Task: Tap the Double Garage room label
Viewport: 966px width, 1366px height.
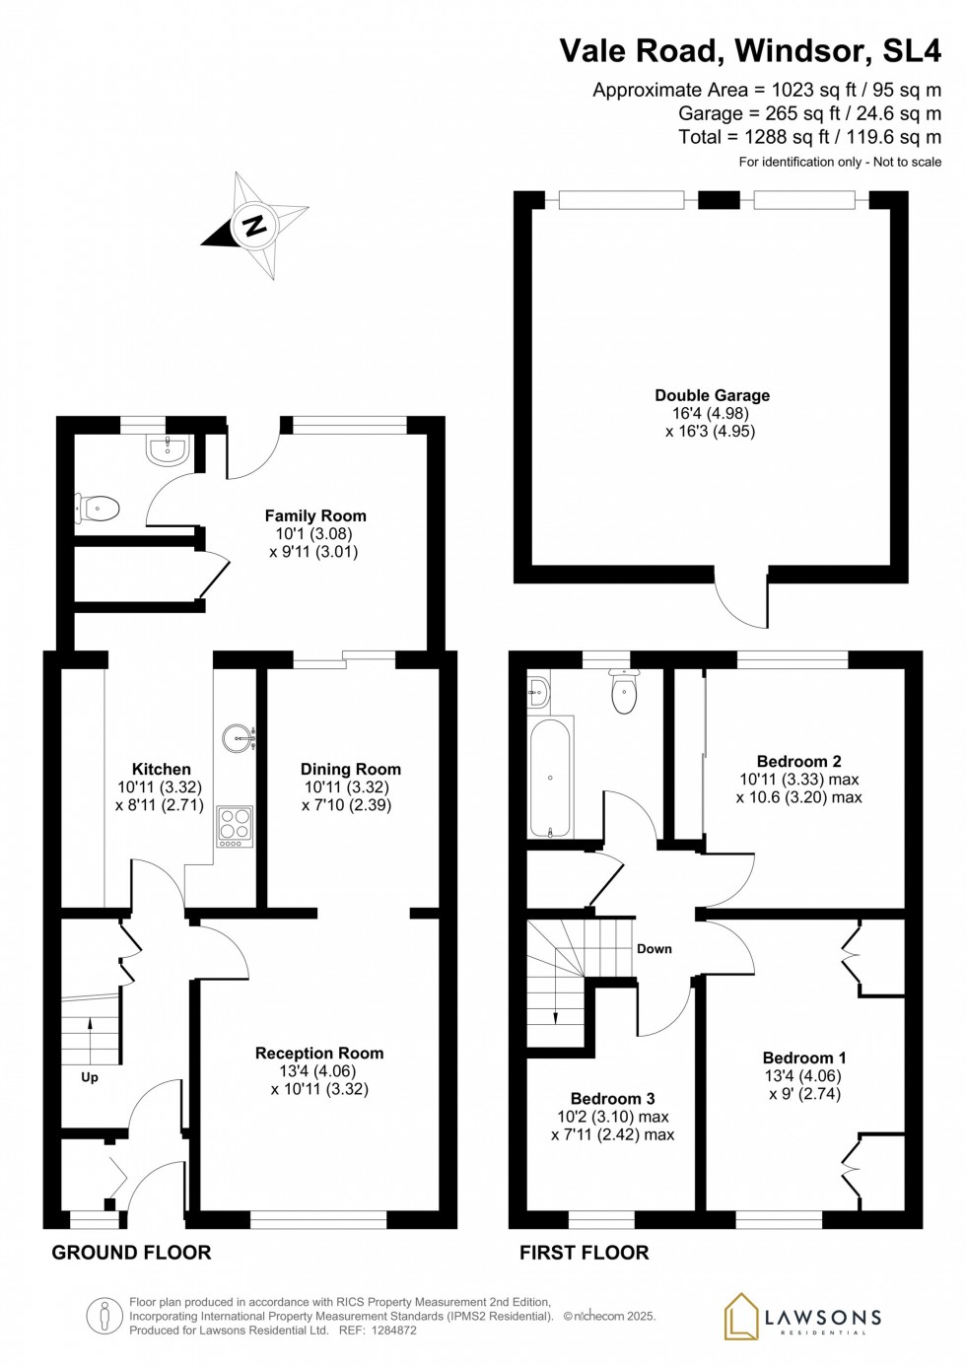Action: [x=713, y=395]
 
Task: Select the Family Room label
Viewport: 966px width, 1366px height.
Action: [x=315, y=515]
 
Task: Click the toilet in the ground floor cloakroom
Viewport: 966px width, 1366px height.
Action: [x=97, y=509]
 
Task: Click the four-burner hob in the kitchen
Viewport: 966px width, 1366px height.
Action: [x=235, y=826]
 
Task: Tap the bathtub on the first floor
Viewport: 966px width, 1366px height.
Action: [x=550, y=778]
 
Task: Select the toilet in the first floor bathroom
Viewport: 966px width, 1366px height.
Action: [x=623, y=691]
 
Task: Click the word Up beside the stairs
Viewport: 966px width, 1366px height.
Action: [x=90, y=1077]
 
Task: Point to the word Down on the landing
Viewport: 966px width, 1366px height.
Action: [x=654, y=948]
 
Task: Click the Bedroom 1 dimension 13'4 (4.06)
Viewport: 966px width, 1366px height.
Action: [x=802, y=1075]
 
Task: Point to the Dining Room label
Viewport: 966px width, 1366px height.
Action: [x=351, y=769]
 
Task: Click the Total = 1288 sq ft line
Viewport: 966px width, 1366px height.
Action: [x=810, y=137]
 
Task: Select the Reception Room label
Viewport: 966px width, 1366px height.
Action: [x=319, y=1054]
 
